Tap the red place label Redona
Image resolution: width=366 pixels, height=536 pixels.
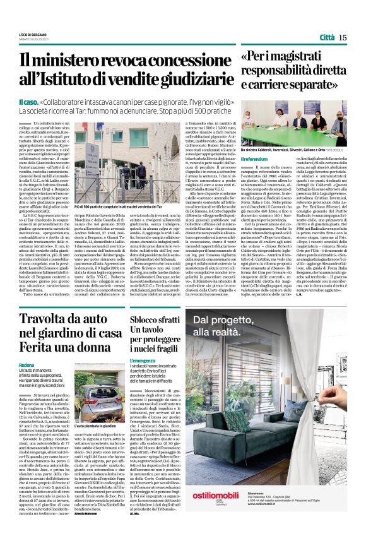27,366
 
